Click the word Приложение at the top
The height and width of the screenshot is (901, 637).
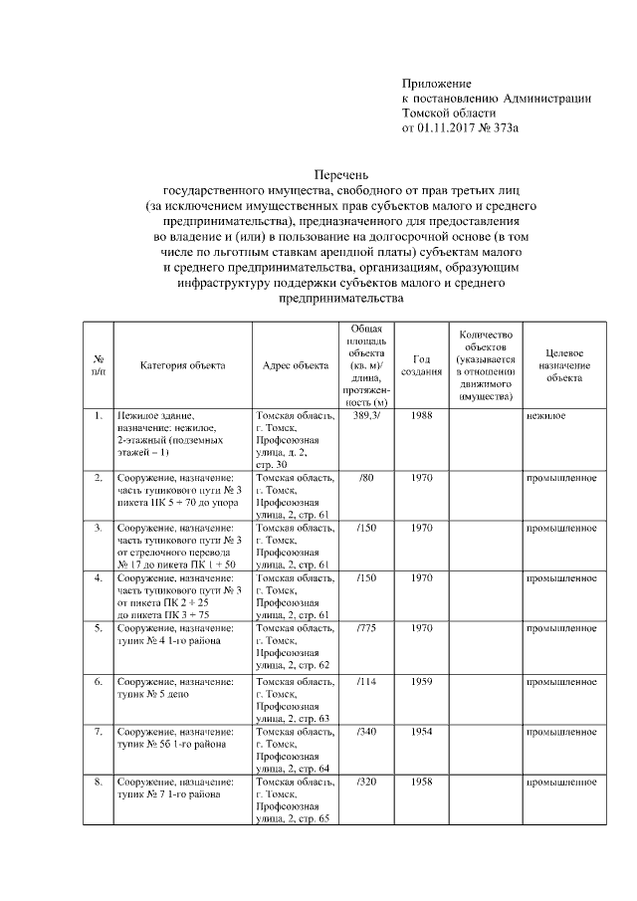pos(436,83)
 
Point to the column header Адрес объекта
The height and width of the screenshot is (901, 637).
pos(296,364)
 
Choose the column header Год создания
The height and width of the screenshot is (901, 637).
pos(421,364)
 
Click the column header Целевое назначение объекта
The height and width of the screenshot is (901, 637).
pos(563,364)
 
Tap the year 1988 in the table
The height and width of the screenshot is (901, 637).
pos(421,414)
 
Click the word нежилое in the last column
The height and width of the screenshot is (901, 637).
pos(545,414)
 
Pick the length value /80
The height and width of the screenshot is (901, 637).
pos(365,478)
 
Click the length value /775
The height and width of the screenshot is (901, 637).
pos(365,629)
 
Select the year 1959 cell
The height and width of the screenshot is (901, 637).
pos(421,681)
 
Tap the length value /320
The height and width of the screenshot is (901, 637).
pos(365,783)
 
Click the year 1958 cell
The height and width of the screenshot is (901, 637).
pos(421,783)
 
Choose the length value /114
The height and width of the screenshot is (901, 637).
pos(365,681)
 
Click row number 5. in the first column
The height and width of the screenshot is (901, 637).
pos(98,629)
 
